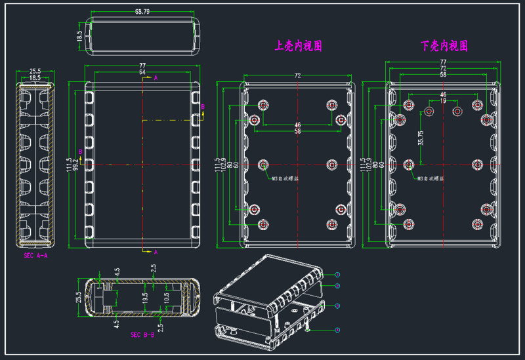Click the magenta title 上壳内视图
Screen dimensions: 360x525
(x=298, y=46)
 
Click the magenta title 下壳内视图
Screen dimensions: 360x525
(x=444, y=46)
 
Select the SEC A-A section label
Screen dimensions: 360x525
(x=35, y=255)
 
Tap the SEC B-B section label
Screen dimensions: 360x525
(x=142, y=334)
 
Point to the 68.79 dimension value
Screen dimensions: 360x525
(x=142, y=12)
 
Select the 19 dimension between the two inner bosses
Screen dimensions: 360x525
(x=442, y=101)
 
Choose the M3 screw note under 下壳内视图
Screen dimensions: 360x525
(x=431, y=178)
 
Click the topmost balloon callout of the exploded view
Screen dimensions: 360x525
(x=337, y=274)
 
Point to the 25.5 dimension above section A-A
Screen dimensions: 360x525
(x=35, y=71)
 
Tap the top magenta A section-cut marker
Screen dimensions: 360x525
(x=156, y=77)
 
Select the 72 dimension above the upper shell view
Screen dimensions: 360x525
(x=297, y=76)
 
